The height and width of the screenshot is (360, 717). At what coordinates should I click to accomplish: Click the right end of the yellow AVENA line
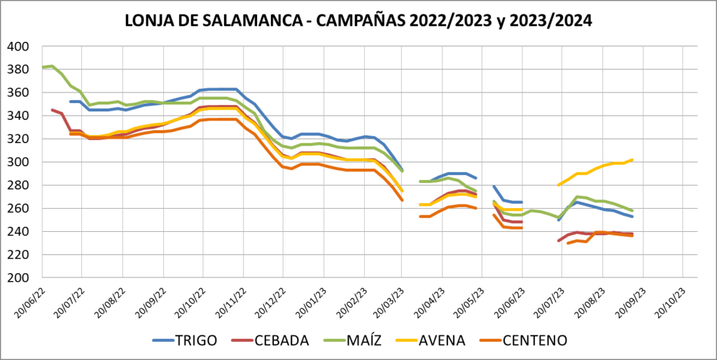point(633,160)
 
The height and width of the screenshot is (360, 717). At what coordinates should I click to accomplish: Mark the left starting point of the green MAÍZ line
point(43,67)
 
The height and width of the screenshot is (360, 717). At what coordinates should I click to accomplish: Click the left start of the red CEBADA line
point(52,110)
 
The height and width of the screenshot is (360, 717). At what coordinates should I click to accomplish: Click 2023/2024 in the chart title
point(552,20)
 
